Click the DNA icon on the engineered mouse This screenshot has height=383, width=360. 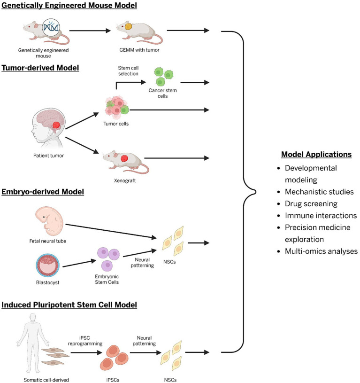(51, 27)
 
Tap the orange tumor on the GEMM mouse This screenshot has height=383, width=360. (129, 26)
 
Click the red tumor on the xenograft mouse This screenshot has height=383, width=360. (124, 158)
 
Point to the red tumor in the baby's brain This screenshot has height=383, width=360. (56, 125)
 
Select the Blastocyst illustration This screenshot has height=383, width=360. (47, 265)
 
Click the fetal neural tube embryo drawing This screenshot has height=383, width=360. (49, 221)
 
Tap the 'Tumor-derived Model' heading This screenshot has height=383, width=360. (40, 68)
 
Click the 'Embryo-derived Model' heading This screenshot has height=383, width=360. (43, 192)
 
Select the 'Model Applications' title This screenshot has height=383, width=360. (316, 154)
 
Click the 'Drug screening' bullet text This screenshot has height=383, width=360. (311, 203)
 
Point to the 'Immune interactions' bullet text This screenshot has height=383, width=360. (321, 216)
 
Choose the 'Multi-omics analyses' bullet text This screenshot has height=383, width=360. (321, 251)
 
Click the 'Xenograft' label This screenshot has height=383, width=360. (125, 181)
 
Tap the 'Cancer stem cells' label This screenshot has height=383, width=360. (162, 93)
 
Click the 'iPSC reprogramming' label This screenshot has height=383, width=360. (85, 341)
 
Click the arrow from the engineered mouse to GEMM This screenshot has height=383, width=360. (90, 31)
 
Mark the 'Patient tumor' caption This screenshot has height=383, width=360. (48, 156)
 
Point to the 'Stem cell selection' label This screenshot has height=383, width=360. (128, 71)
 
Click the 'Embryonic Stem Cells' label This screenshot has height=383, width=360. (107, 279)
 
